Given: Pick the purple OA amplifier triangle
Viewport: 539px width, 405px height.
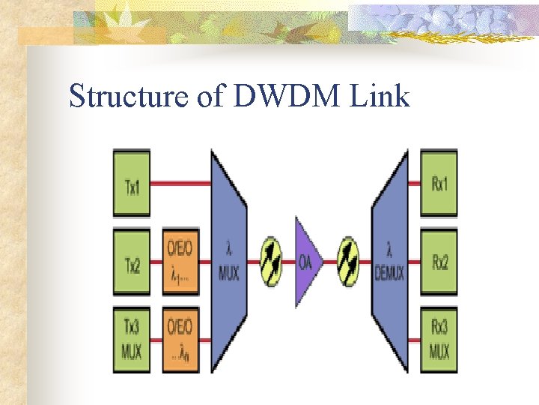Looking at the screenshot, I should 307,262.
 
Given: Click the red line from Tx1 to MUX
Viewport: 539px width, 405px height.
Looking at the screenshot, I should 180,182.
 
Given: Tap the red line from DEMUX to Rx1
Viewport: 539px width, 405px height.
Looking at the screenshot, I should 415,182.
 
